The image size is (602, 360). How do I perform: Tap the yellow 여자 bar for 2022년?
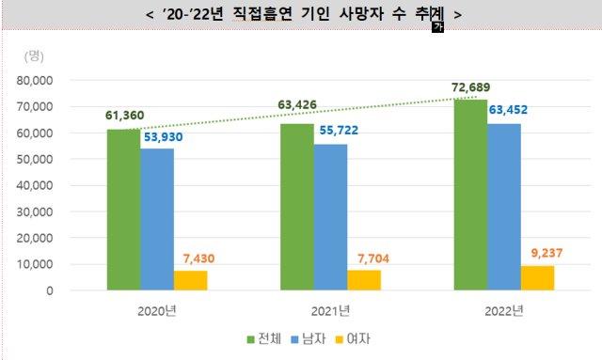(x=537, y=278)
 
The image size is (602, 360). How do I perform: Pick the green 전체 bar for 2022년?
(x=469, y=195)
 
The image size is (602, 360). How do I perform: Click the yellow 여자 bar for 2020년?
(x=190, y=280)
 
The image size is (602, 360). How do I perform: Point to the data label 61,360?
(x=124, y=116)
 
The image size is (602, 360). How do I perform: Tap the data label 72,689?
(x=470, y=86)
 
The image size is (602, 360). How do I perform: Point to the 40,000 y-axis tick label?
(x=58, y=185)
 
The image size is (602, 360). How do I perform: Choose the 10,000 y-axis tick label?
(x=58, y=264)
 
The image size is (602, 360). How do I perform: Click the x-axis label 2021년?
(x=330, y=310)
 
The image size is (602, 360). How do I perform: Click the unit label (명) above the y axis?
(x=35, y=55)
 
